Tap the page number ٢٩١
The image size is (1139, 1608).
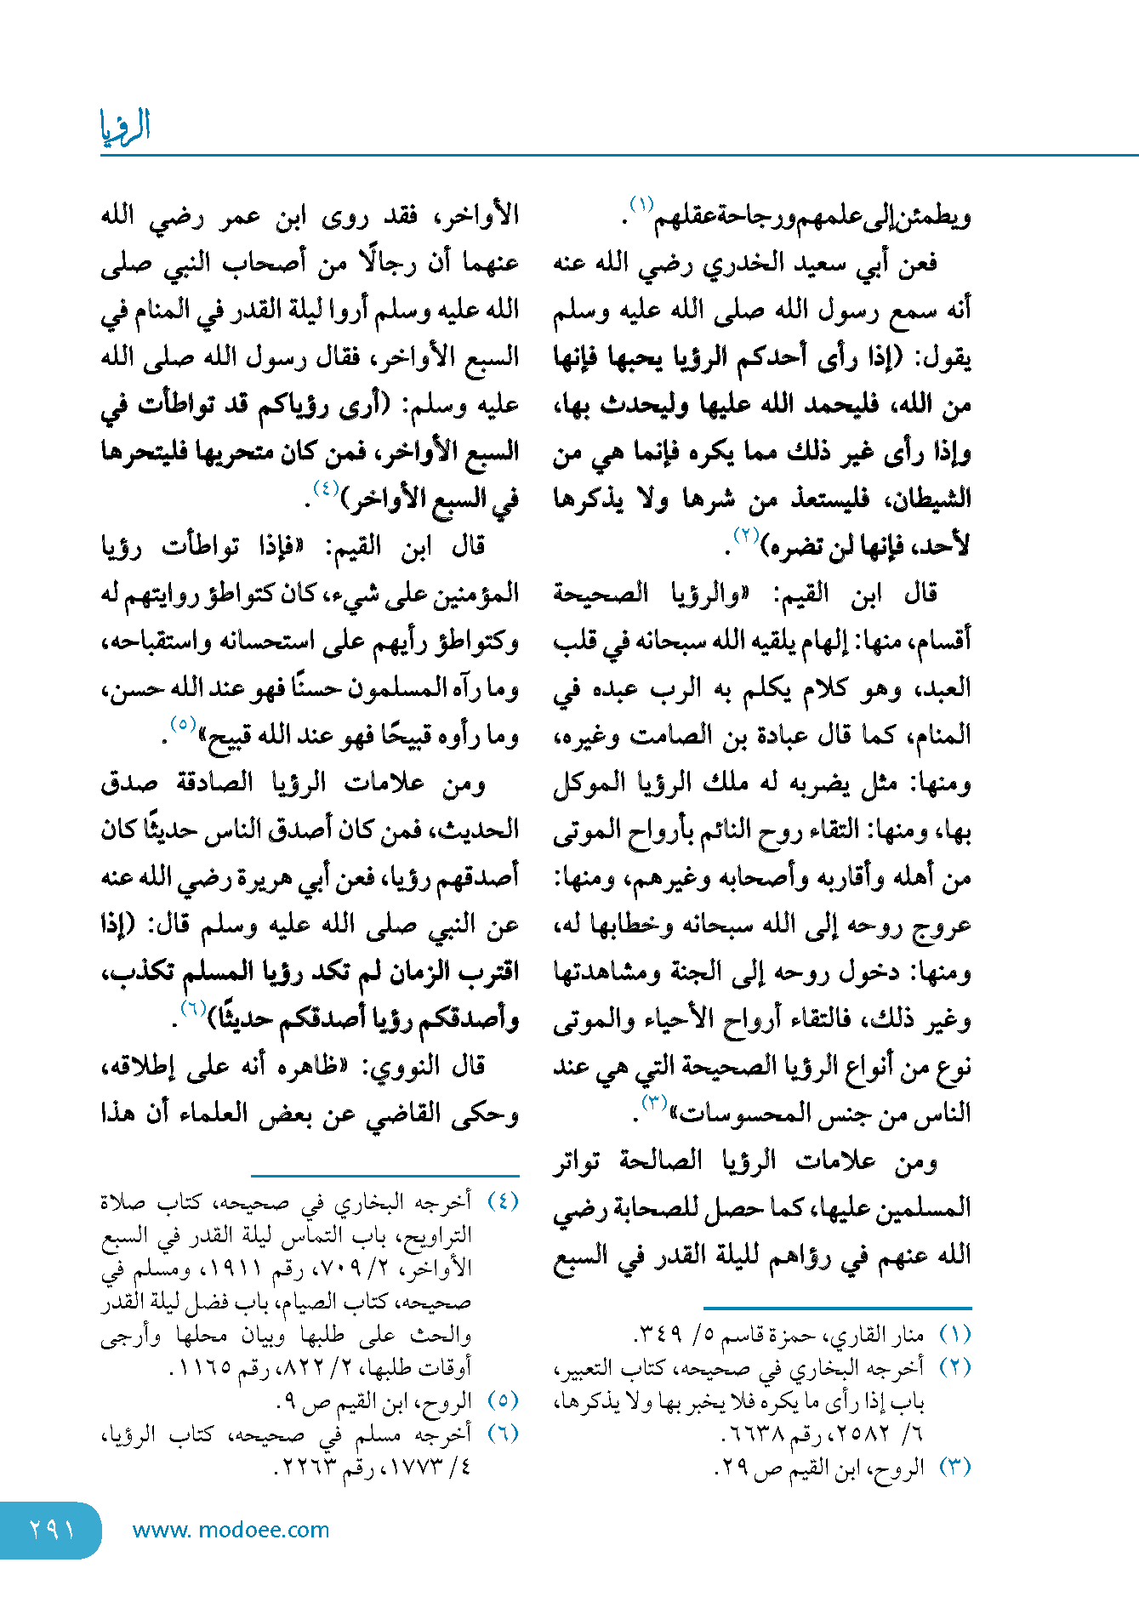50,1530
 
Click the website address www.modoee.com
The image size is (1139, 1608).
231,1530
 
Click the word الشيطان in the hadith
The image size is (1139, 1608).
929,499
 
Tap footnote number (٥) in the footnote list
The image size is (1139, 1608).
503,1400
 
